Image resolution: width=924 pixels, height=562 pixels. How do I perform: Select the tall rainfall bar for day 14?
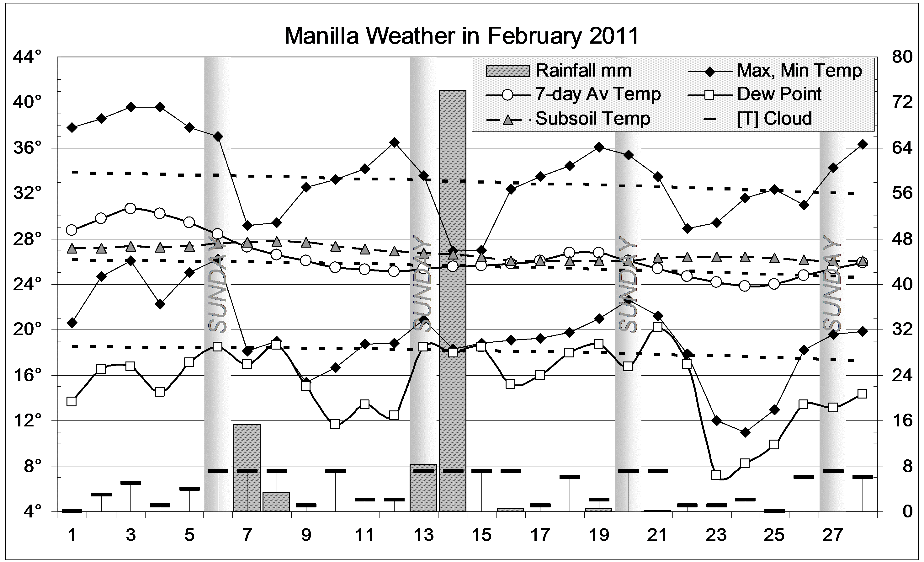(453, 300)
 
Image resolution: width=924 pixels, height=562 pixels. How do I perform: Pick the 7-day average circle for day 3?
(130, 209)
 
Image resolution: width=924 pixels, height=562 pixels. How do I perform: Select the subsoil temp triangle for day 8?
(277, 241)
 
